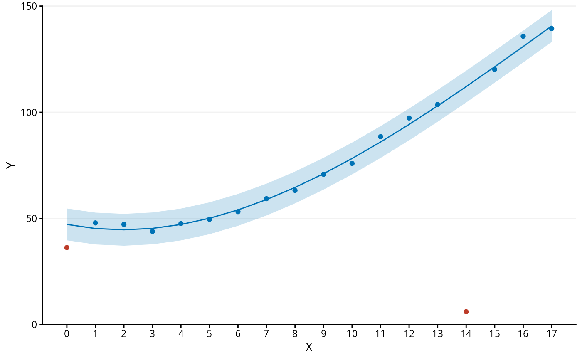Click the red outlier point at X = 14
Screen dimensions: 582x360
coord(466,312)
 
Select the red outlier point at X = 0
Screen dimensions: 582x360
coord(67,247)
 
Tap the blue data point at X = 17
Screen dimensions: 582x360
coord(552,29)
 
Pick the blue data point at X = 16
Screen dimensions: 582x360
coord(523,36)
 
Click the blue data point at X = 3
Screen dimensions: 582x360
coord(153,231)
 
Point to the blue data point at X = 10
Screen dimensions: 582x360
coord(352,163)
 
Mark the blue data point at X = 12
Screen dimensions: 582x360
coord(409,118)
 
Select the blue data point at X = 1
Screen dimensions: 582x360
coord(95,223)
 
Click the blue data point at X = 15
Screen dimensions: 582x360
coord(494,69)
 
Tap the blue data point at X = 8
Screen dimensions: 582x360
coord(295,190)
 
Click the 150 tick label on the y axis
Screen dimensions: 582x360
coord(29,6)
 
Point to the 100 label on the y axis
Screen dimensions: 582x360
coord(29,113)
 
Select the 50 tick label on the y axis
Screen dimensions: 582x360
coord(32,219)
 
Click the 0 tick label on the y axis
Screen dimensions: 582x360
coord(35,325)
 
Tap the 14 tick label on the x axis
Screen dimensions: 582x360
coord(466,334)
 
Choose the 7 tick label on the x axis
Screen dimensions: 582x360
coord(266,334)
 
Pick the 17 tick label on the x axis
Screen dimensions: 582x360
coord(552,334)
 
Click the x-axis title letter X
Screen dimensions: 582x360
coord(309,347)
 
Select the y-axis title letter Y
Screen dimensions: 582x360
coord(11,165)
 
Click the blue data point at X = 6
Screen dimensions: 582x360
coord(238,212)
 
